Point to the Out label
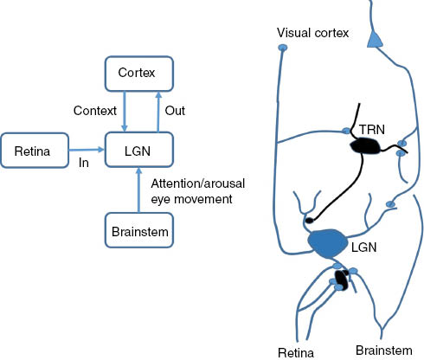coord(174,112)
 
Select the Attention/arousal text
coord(193,183)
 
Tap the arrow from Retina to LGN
coord(87,152)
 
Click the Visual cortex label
coord(312,34)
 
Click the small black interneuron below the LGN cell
coord(342,279)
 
